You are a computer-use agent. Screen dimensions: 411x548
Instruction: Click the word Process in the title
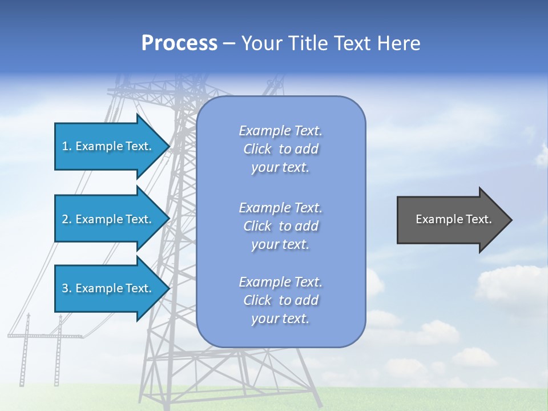[x=179, y=43]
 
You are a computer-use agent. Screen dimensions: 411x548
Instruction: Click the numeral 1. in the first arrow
[x=67, y=146]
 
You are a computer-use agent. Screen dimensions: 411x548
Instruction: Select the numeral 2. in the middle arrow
[x=67, y=219]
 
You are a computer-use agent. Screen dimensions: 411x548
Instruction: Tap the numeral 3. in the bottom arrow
[x=67, y=288]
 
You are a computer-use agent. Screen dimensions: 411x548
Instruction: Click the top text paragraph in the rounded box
[x=280, y=149]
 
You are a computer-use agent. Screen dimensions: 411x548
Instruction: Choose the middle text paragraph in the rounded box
[x=280, y=226]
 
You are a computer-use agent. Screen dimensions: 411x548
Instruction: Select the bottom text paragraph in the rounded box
[x=280, y=300]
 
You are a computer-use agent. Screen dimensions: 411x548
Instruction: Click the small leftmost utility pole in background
[x=25, y=348]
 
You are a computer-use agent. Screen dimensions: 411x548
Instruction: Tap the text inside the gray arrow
[x=454, y=219]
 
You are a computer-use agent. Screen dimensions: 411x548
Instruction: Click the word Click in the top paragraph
[x=257, y=149]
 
